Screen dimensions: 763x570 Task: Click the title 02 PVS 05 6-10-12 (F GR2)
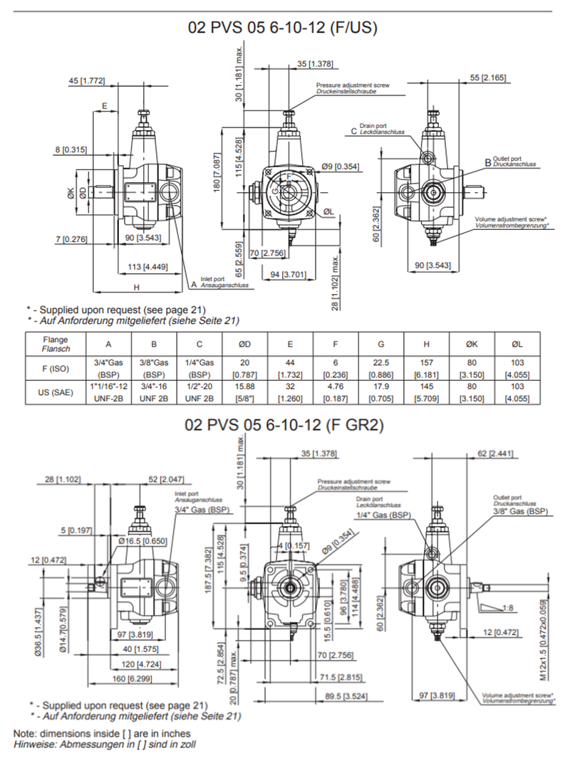click(284, 426)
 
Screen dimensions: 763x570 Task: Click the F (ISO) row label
click(56, 367)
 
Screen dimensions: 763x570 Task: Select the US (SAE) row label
click(56, 393)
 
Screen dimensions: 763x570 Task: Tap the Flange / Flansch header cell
click(56, 344)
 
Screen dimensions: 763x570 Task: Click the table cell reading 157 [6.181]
click(426, 367)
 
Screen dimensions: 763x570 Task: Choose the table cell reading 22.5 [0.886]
click(380, 367)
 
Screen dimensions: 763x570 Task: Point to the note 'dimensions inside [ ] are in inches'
click(102, 733)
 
